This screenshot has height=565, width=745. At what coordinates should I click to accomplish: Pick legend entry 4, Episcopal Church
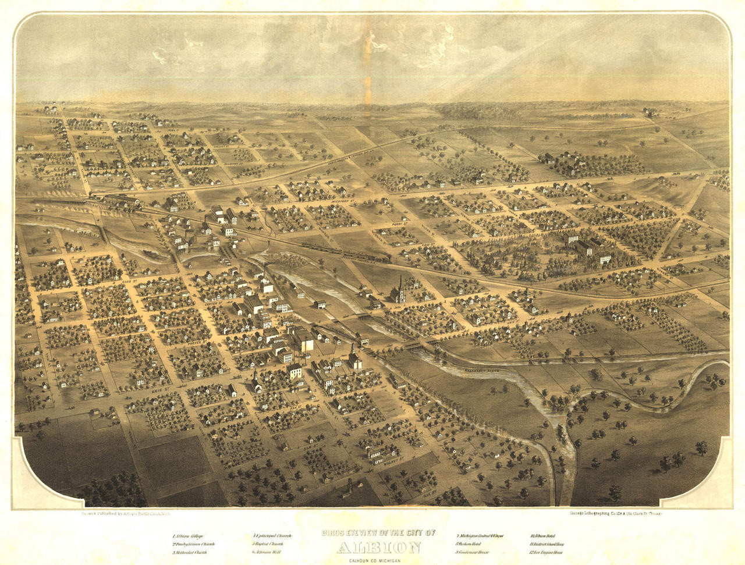(x=272, y=535)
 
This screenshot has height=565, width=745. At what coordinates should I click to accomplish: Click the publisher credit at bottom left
(x=122, y=514)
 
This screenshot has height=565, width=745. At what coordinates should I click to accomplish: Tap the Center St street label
(x=213, y=303)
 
